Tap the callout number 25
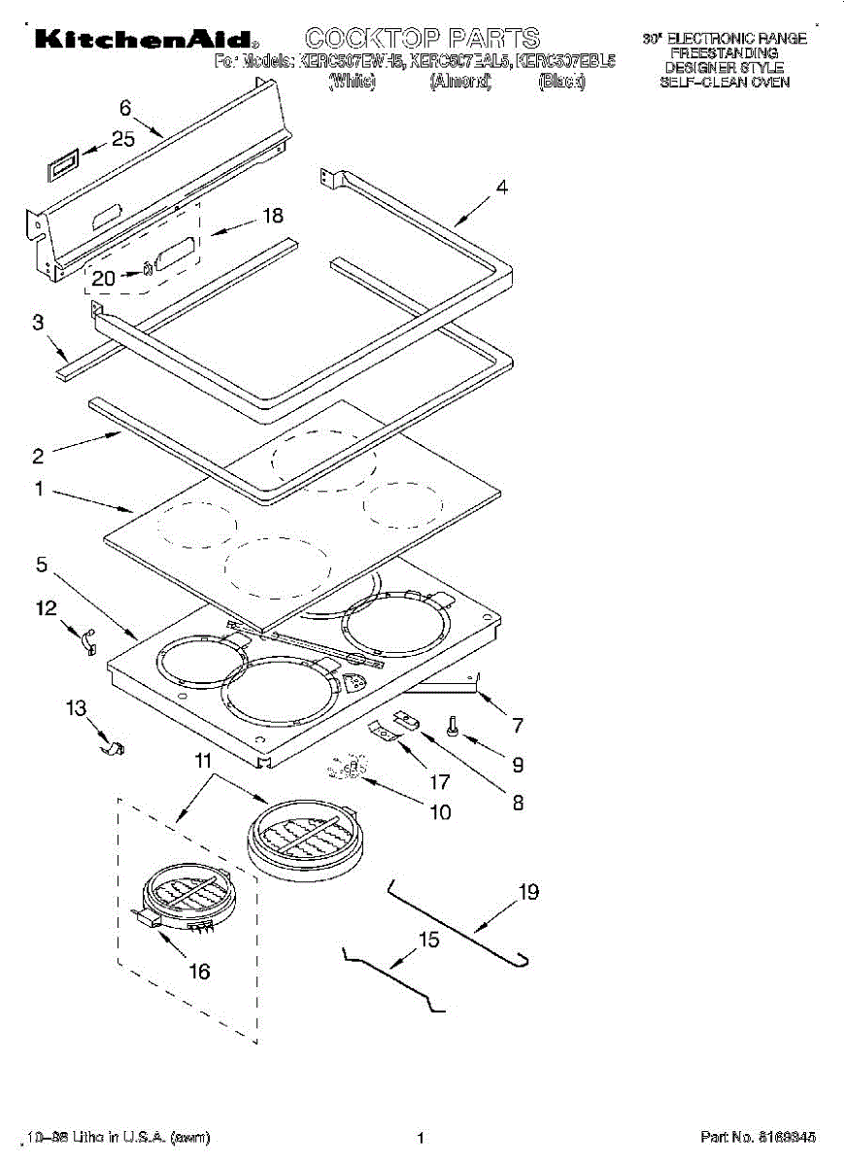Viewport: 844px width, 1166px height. click(123, 139)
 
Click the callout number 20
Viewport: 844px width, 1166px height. click(104, 279)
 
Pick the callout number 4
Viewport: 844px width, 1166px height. click(501, 189)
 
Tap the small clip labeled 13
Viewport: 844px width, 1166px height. click(117, 748)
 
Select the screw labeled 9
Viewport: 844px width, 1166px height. click(452, 726)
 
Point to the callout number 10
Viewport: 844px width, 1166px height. click(440, 811)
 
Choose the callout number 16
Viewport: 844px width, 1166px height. click(199, 971)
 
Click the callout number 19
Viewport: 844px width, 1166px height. click(528, 892)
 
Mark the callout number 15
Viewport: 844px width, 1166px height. click(428, 940)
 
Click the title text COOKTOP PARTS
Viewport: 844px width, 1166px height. click(422, 39)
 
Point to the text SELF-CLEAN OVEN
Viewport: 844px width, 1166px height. click(725, 83)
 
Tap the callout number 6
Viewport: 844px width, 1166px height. click(124, 108)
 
